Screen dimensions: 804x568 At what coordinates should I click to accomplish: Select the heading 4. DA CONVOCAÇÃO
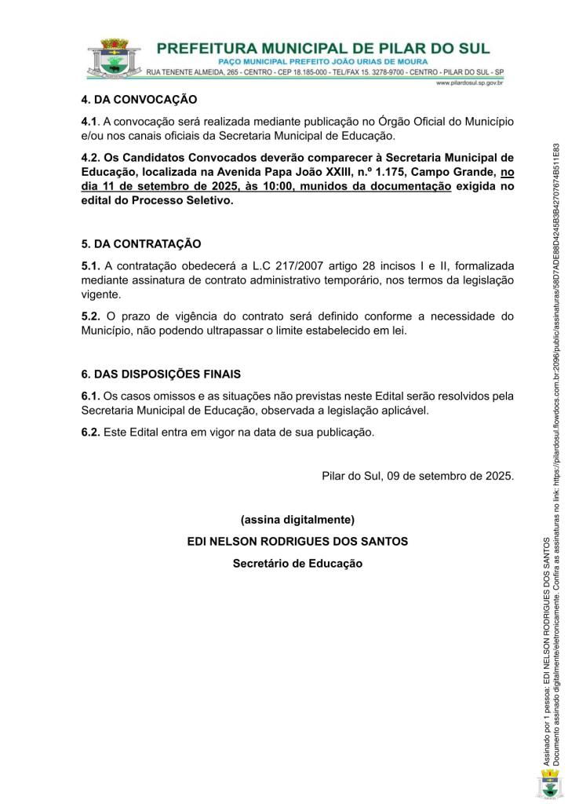(139, 100)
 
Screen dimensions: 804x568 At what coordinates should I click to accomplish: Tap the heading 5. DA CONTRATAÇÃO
(141, 244)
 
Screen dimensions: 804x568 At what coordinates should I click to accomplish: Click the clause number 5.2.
(91, 316)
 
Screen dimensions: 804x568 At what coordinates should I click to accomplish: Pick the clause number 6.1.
(91, 396)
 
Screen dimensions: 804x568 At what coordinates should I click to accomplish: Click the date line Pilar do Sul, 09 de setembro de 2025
(418, 476)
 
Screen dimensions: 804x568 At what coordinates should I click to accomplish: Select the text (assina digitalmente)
(297, 520)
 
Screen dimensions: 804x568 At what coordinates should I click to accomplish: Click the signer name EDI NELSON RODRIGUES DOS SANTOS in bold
(297, 542)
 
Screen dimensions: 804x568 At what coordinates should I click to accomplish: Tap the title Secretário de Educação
(297, 563)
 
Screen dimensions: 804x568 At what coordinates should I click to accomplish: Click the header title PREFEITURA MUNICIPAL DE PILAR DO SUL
(323, 48)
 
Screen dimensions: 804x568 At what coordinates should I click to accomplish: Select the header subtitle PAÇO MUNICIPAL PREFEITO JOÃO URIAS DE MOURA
(322, 61)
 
